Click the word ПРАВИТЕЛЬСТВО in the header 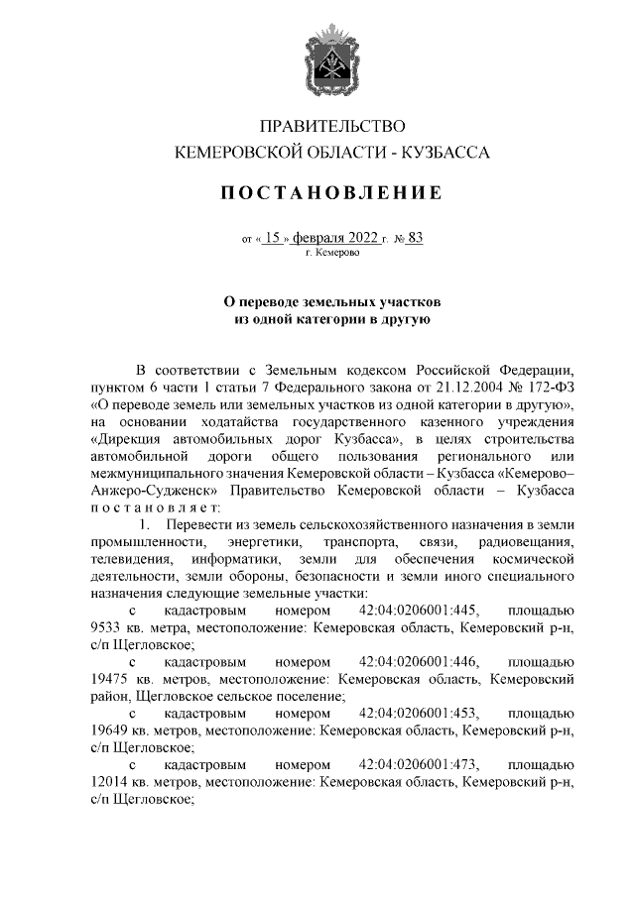click(332, 126)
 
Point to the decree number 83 click(415, 238)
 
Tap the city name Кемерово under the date click(335, 254)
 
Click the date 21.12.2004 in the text click(451, 388)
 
